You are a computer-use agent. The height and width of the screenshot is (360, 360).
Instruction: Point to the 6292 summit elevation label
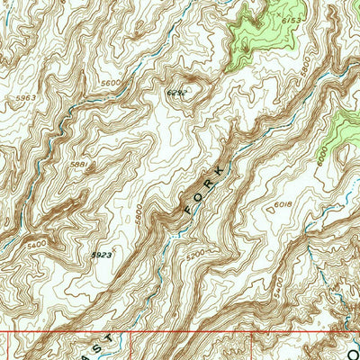(x=176, y=93)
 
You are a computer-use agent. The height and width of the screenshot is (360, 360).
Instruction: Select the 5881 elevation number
(x=80, y=165)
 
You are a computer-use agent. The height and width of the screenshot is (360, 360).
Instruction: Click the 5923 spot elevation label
(x=101, y=256)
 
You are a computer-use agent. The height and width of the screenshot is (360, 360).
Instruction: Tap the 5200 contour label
(x=193, y=253)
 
